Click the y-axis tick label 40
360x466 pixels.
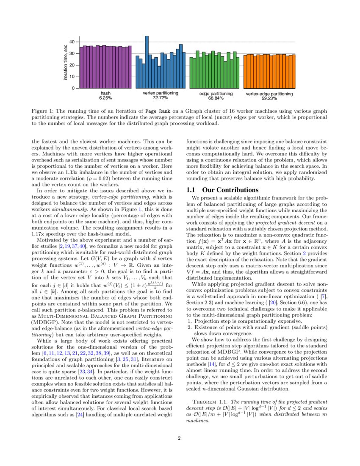pyautogui.click(x=72, y=42)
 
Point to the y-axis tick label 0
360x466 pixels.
pyautogui.click(x=73, y=88)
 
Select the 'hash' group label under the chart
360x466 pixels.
pyautogui.click(x=105, y=93)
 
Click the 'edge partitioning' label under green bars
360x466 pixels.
pyautogui.click(x=216, y=93)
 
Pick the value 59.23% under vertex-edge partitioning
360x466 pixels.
pyautogui.click(x=269, y=98)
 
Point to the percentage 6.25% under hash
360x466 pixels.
pyautogui.click(x=105, y=98)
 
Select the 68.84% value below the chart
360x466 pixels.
pyautogui.click(x=216, y=98)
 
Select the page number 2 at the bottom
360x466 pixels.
pyautogui.click(x=180, y=438)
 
